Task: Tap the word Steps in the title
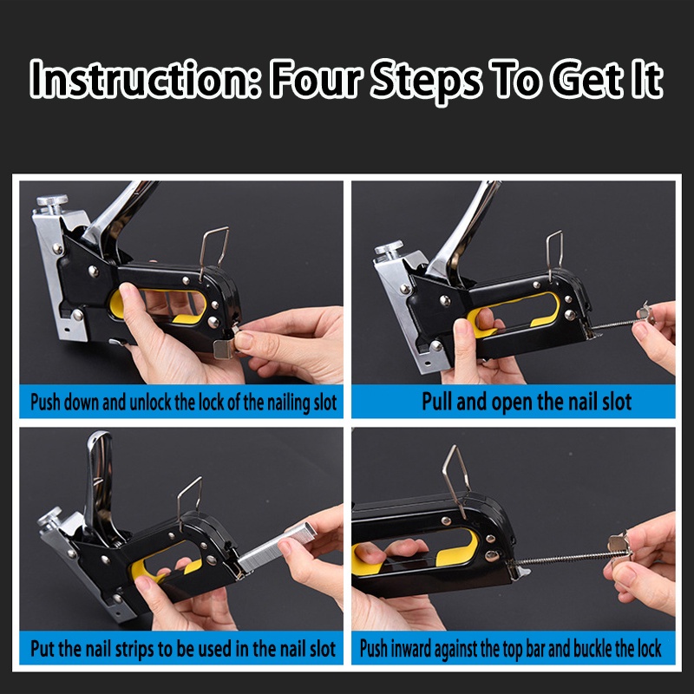pyautogui.click(x=426, y=81)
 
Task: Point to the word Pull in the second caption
pyautogui.click(x=437, y=402)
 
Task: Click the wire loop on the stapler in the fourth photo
pyautogui.click(x=456, y=481)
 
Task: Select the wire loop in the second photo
pyautogui.click(x=554, y=253)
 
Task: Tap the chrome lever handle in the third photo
pyautogui.click(x=101, y=481)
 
